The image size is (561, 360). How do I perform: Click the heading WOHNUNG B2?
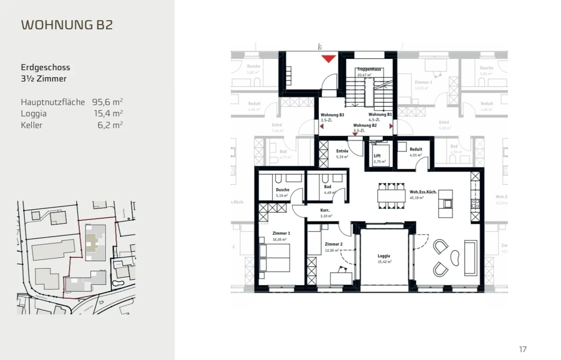point(67,25)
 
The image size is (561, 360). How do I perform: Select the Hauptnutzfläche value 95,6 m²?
point(107,102)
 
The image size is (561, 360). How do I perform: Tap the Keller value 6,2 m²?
point(110,125)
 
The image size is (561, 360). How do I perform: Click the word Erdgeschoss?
point(46,67)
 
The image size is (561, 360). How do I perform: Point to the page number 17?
point(522,349)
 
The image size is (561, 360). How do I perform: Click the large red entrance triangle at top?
point(328,59)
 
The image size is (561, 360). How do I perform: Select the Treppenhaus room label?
point(369,69)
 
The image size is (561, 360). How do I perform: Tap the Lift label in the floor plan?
point(377,156)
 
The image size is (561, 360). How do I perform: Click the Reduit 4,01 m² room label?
point(416,150)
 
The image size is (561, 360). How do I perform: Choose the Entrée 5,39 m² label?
point(342,151)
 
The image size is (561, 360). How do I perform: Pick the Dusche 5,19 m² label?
point(282,190)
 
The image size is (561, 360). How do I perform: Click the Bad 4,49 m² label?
point(328,187)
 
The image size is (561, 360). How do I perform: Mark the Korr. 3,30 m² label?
point(325,210)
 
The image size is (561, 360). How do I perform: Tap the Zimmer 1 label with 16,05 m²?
point(281,233)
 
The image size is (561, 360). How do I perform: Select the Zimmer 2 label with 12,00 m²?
point(333,244)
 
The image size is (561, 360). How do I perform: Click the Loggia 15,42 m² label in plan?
point(384,256)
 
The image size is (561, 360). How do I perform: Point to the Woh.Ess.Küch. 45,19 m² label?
point(423,192)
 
